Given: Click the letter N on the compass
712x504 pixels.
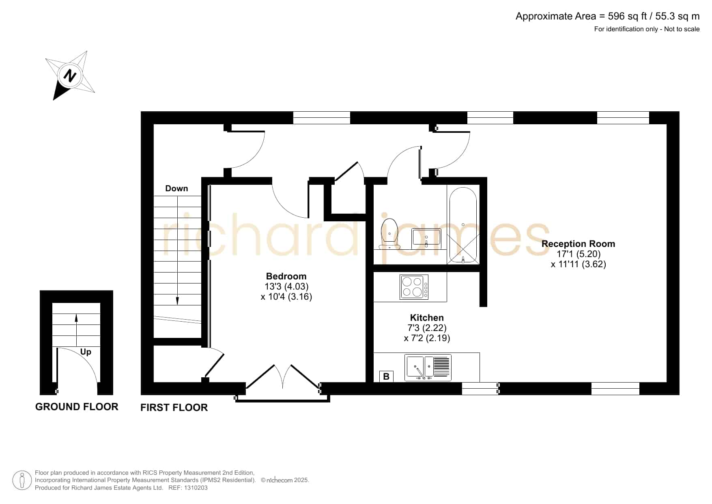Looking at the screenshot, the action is pos(70,76).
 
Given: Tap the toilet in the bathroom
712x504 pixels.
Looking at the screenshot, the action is pos(389,234).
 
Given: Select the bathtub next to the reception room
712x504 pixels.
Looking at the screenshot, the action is pos(463,225).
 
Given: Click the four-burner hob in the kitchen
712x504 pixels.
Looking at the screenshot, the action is pos(414,287).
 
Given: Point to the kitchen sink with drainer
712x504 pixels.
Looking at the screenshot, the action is pos(428,368).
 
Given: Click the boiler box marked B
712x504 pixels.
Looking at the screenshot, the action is pos(386,376).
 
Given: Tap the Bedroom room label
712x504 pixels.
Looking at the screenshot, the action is pos(286,276).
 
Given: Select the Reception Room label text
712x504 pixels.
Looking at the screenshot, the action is pos(578,244).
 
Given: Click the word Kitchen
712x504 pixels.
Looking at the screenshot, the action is pos(427,318).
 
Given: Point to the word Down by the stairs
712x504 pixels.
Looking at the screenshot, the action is pos(176,188).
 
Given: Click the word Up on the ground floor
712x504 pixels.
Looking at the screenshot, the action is pos(86,352).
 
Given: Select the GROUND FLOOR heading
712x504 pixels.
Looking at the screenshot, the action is pos(77,407).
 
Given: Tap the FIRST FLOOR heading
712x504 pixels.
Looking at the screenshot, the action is pos(174,407).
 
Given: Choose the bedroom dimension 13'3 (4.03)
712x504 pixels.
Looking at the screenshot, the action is pos(286,286).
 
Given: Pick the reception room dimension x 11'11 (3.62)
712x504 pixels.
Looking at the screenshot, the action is pos(579,264).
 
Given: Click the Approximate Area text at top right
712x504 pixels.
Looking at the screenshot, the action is pos(607,16).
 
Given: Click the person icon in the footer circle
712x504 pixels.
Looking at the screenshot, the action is pos(22,480).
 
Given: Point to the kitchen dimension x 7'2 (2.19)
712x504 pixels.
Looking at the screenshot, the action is pos(427,338).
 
